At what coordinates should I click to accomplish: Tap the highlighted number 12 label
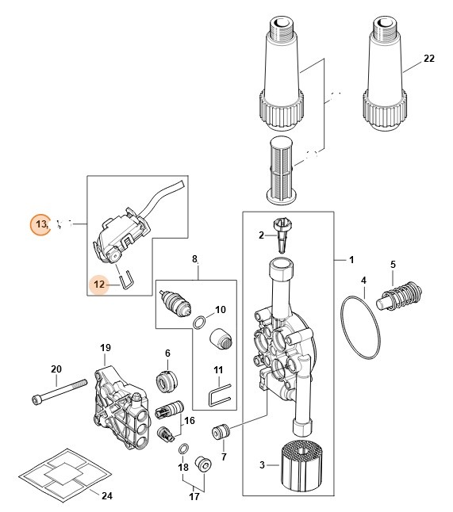pyautogui.click(x=100, y=284)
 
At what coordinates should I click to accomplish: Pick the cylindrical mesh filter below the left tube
pyautogui.click(x=294, y=169)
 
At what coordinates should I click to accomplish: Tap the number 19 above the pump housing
pyautogui.click(x=105, y=348)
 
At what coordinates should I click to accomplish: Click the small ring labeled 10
pyautogui.click(x=202, y=321)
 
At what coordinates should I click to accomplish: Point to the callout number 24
pyautogui.click(x=106, y=495)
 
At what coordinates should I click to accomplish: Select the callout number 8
pyautogui.click(x=194, y=259)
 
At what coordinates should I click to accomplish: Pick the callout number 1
pyautogui.click(x=351, y=260)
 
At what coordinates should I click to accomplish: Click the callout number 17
pyautogui.click(x=194, y=497)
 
